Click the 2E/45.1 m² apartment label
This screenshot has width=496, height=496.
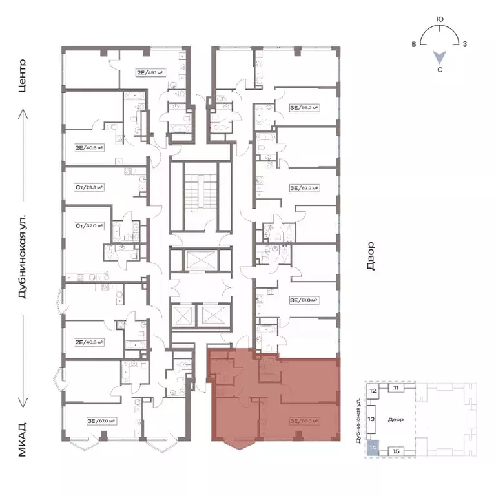click(148, 72)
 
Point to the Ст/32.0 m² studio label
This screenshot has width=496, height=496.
click(90, 226)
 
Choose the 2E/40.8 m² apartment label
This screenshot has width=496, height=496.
click(90, 324)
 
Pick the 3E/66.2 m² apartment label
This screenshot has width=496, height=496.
click(305, 108)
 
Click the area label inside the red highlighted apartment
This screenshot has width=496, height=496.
click(305, 420)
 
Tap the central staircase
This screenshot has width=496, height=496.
click(200, 196)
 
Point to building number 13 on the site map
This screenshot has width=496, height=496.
click(371, 418)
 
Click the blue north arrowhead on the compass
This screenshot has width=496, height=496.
click(439, 57)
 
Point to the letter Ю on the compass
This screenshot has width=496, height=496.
click(439, 20)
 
